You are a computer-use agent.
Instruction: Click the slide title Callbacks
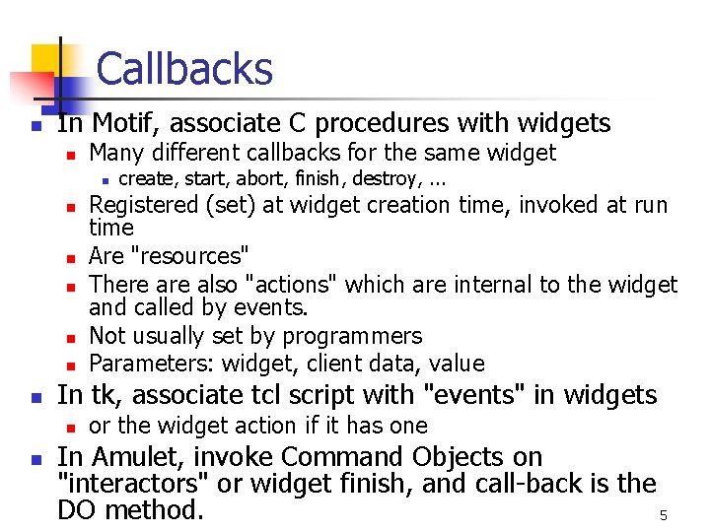pyautogui.click(x=184, y=69)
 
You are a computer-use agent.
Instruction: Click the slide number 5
pyautogui.click(x=663, y=516)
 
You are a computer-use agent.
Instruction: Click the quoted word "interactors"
pyautogui.click(x=128, y=484)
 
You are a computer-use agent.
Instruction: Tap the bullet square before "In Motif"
pyautogui.click(x=35, y=126)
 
